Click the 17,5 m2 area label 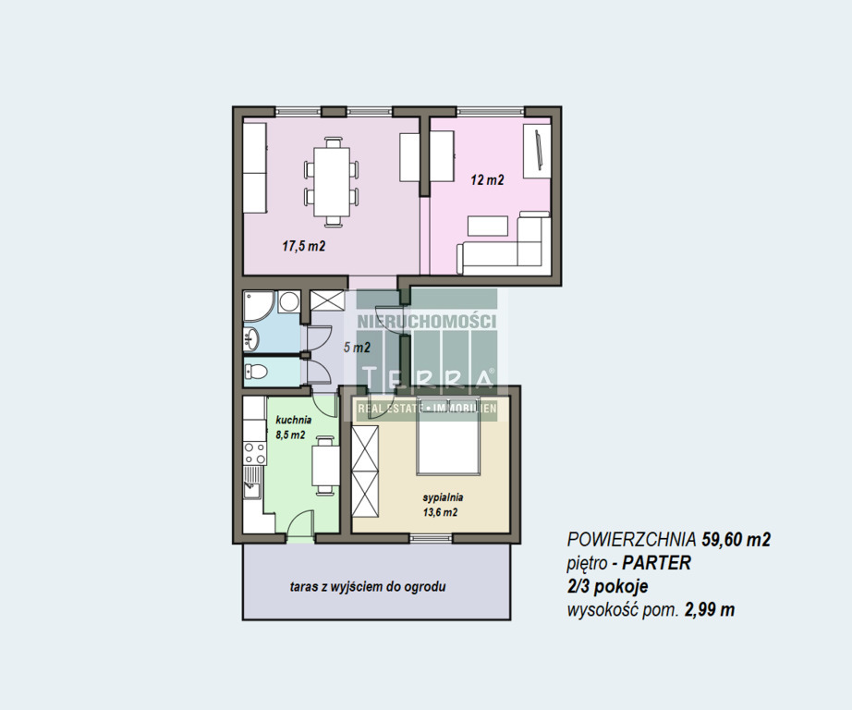click(x=303, y=246)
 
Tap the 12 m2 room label click(x=487, y=180)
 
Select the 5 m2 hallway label click(x=357, y=348)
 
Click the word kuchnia click(x=294, y=420)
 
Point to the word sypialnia click(x=443, y=496)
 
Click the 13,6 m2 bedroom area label click(x=440, y=512)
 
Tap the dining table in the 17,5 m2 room click(x=332, y=182)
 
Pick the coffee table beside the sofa click(x=488, y=226)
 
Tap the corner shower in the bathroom click(x=259, y=306)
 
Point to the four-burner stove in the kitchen click(x=254, y=453)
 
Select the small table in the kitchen click(x=325, y=465)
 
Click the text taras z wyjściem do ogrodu click(x=368, y=587)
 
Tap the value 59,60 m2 click(x=736, y=539)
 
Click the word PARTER click(x=656, y=563)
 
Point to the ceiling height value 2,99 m click(x=710, y=610)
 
